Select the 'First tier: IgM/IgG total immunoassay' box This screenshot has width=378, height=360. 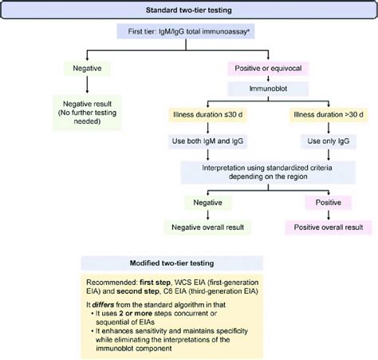pyautogui.click(x=189, y=32)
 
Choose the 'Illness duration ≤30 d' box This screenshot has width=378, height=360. pyautogui.click(x=208, y=114)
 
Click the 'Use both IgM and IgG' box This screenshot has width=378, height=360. pyautogui.click(x=208, y=140)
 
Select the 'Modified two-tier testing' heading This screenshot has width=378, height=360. pyautogui.click(x=189, y=263)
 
